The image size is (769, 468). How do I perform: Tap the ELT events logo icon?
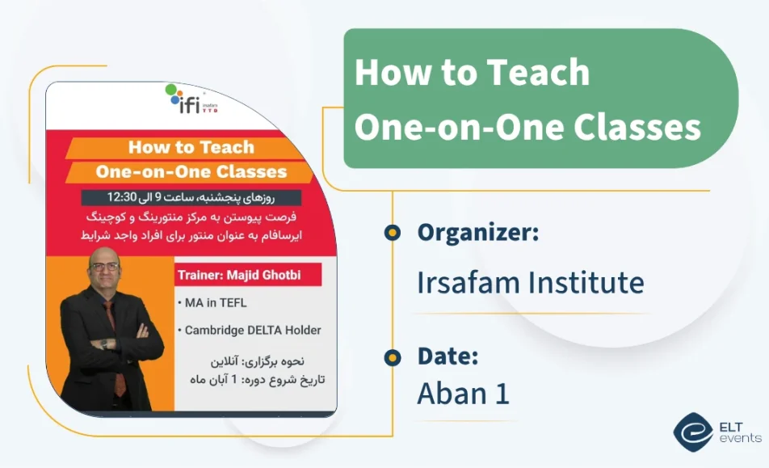(693, 432)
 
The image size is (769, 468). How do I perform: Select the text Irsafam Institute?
(530, 282)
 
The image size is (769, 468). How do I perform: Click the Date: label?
(448, 356)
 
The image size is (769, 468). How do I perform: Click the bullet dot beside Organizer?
(393, 234)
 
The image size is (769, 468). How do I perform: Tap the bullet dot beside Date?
(393, 356)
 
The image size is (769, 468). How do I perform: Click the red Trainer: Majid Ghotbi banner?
(248, 275)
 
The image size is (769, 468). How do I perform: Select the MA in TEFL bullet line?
(214, 303)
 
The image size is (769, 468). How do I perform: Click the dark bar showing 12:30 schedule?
(191, 197)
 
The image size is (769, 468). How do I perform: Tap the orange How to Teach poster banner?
(191, 148)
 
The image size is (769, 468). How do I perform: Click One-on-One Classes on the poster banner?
(191, 171)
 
